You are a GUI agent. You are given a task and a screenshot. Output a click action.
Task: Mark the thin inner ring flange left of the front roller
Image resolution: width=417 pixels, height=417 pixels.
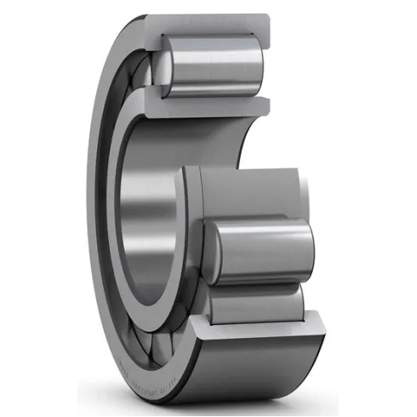point(191,230)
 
